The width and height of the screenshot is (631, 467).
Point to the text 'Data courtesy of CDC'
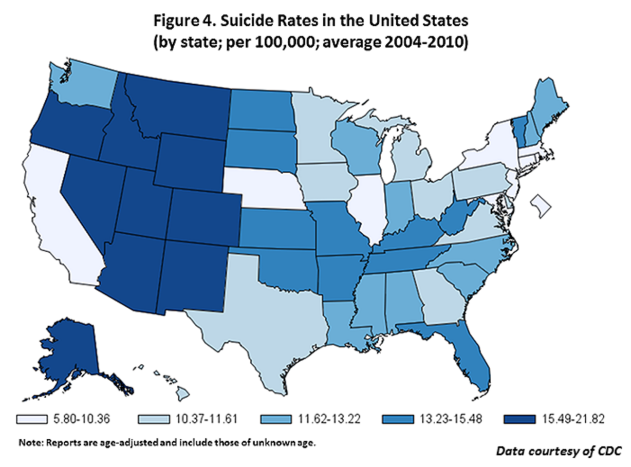click(x=559, y=451)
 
